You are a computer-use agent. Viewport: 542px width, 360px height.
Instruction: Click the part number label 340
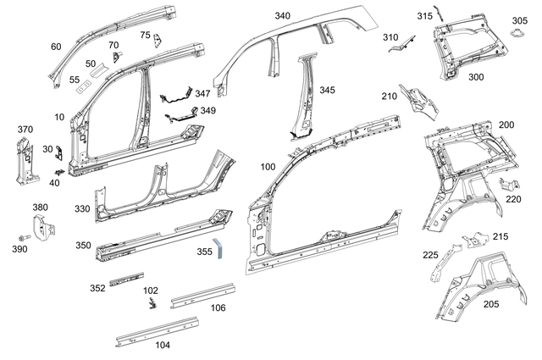282,16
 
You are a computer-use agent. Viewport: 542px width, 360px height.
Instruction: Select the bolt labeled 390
23,237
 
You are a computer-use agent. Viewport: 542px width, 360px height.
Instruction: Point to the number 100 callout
268,168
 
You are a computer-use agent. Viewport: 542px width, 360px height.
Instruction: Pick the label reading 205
490,304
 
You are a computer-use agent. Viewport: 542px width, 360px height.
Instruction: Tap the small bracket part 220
507,185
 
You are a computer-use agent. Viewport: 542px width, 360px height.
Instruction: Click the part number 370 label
25,130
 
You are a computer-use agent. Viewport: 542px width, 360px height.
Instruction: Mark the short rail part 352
126,278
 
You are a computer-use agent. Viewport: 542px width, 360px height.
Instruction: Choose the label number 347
203,93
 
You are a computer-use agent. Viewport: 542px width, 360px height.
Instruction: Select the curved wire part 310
401,47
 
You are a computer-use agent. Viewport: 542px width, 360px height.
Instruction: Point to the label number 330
81,208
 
